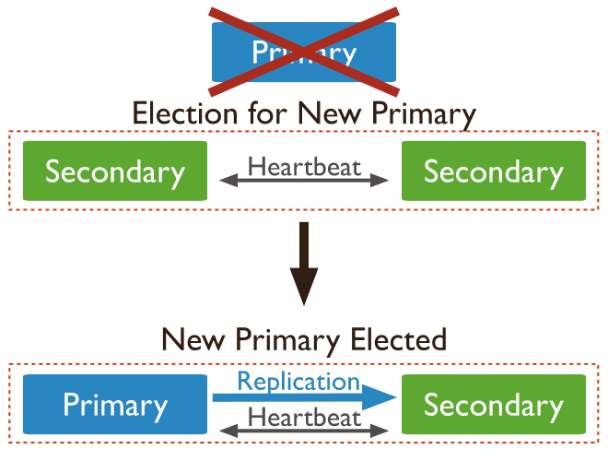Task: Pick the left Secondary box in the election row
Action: click(x=115, y=171)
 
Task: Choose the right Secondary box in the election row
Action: click(x=494, y=171)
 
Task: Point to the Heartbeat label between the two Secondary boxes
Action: click(x=305, y=167)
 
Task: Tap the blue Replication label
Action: click(x=298, y=381)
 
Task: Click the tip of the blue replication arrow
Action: click(x=394, y=397)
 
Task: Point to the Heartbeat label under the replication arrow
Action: click(x=305, y=417)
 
